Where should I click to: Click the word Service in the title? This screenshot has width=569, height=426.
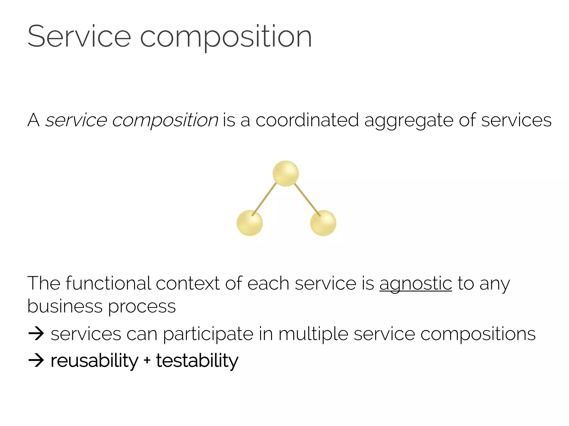pos(79,37)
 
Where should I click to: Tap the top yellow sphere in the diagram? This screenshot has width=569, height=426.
pos(286,173)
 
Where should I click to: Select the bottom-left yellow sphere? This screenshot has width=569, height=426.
pos(249,223)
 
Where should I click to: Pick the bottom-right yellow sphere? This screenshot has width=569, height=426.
pos(323,223)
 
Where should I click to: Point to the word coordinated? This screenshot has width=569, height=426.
pos(307,120)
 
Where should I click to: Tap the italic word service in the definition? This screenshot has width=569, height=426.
pos(76,120)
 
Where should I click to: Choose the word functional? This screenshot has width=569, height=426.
pos(108,283)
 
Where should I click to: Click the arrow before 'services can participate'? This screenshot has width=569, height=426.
pos(36,334)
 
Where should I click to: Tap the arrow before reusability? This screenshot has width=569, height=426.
pos(36,360)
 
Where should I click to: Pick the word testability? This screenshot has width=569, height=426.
pos(197,361)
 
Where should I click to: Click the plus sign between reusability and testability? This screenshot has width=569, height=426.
pos(147,361)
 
